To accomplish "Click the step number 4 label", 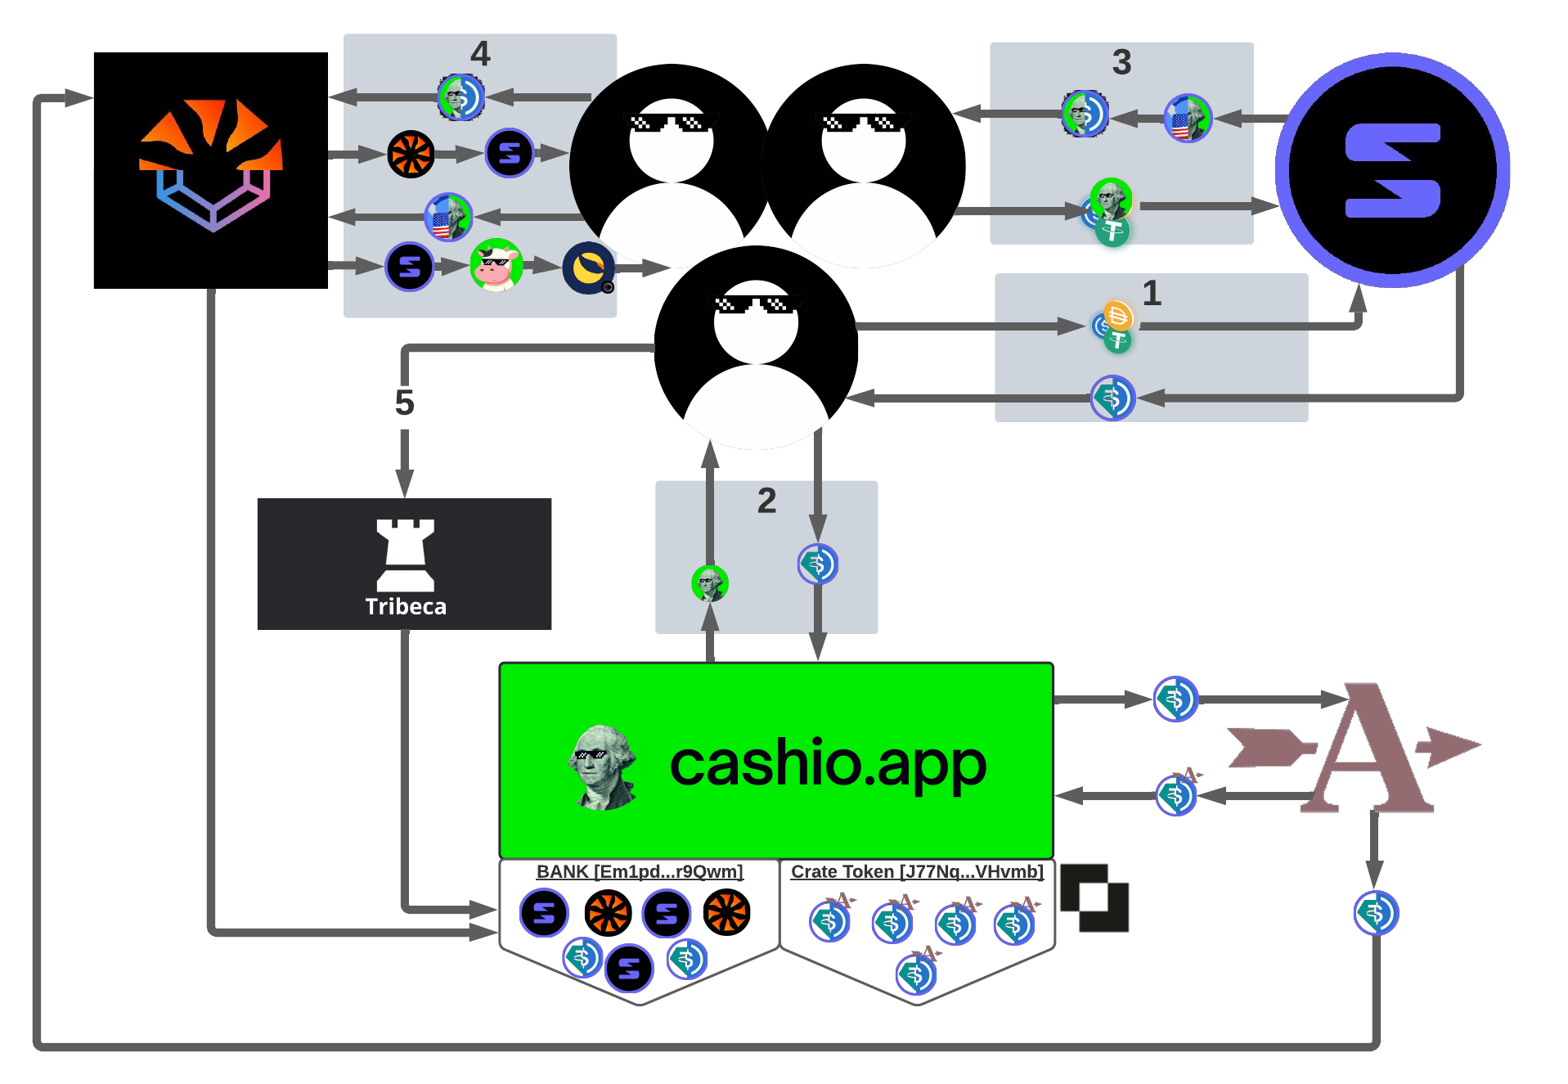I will point(480,54).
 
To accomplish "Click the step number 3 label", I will point(1121,62).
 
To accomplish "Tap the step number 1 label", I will point(1152,293).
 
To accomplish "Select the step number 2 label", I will point(766,501).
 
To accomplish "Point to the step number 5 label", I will point(404,403).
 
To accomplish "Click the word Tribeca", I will point(406,606).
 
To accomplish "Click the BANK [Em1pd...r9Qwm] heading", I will point(640,871).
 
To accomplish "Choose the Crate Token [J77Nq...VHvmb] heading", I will point(917,871).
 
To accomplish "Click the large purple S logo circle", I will point(1392,170).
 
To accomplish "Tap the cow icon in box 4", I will point(496,265).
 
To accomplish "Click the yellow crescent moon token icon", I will point(588,267).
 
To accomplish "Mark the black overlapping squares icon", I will point(1094,897).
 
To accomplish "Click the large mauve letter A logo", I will point(1362,749).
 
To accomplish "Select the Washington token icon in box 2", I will point(709,583).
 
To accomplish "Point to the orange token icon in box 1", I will point(1117,315).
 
